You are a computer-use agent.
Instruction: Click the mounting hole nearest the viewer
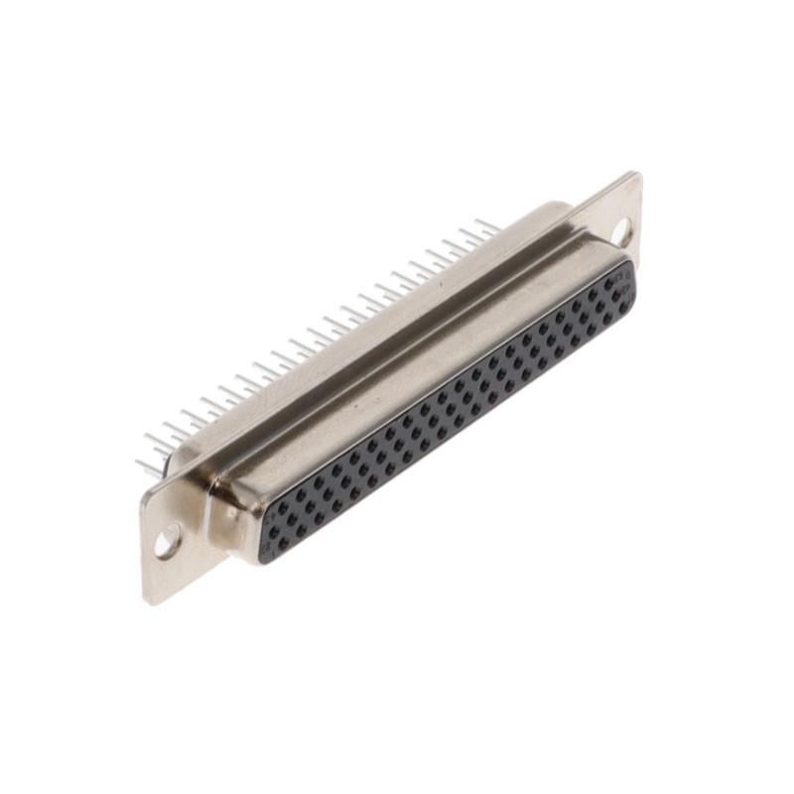pyautogui.click(x=168, y=542)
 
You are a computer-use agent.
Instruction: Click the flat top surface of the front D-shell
pyautogui.click(x=417, y=367)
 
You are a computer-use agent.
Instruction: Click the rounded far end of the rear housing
pyautogui.click(x=556, y=210)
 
